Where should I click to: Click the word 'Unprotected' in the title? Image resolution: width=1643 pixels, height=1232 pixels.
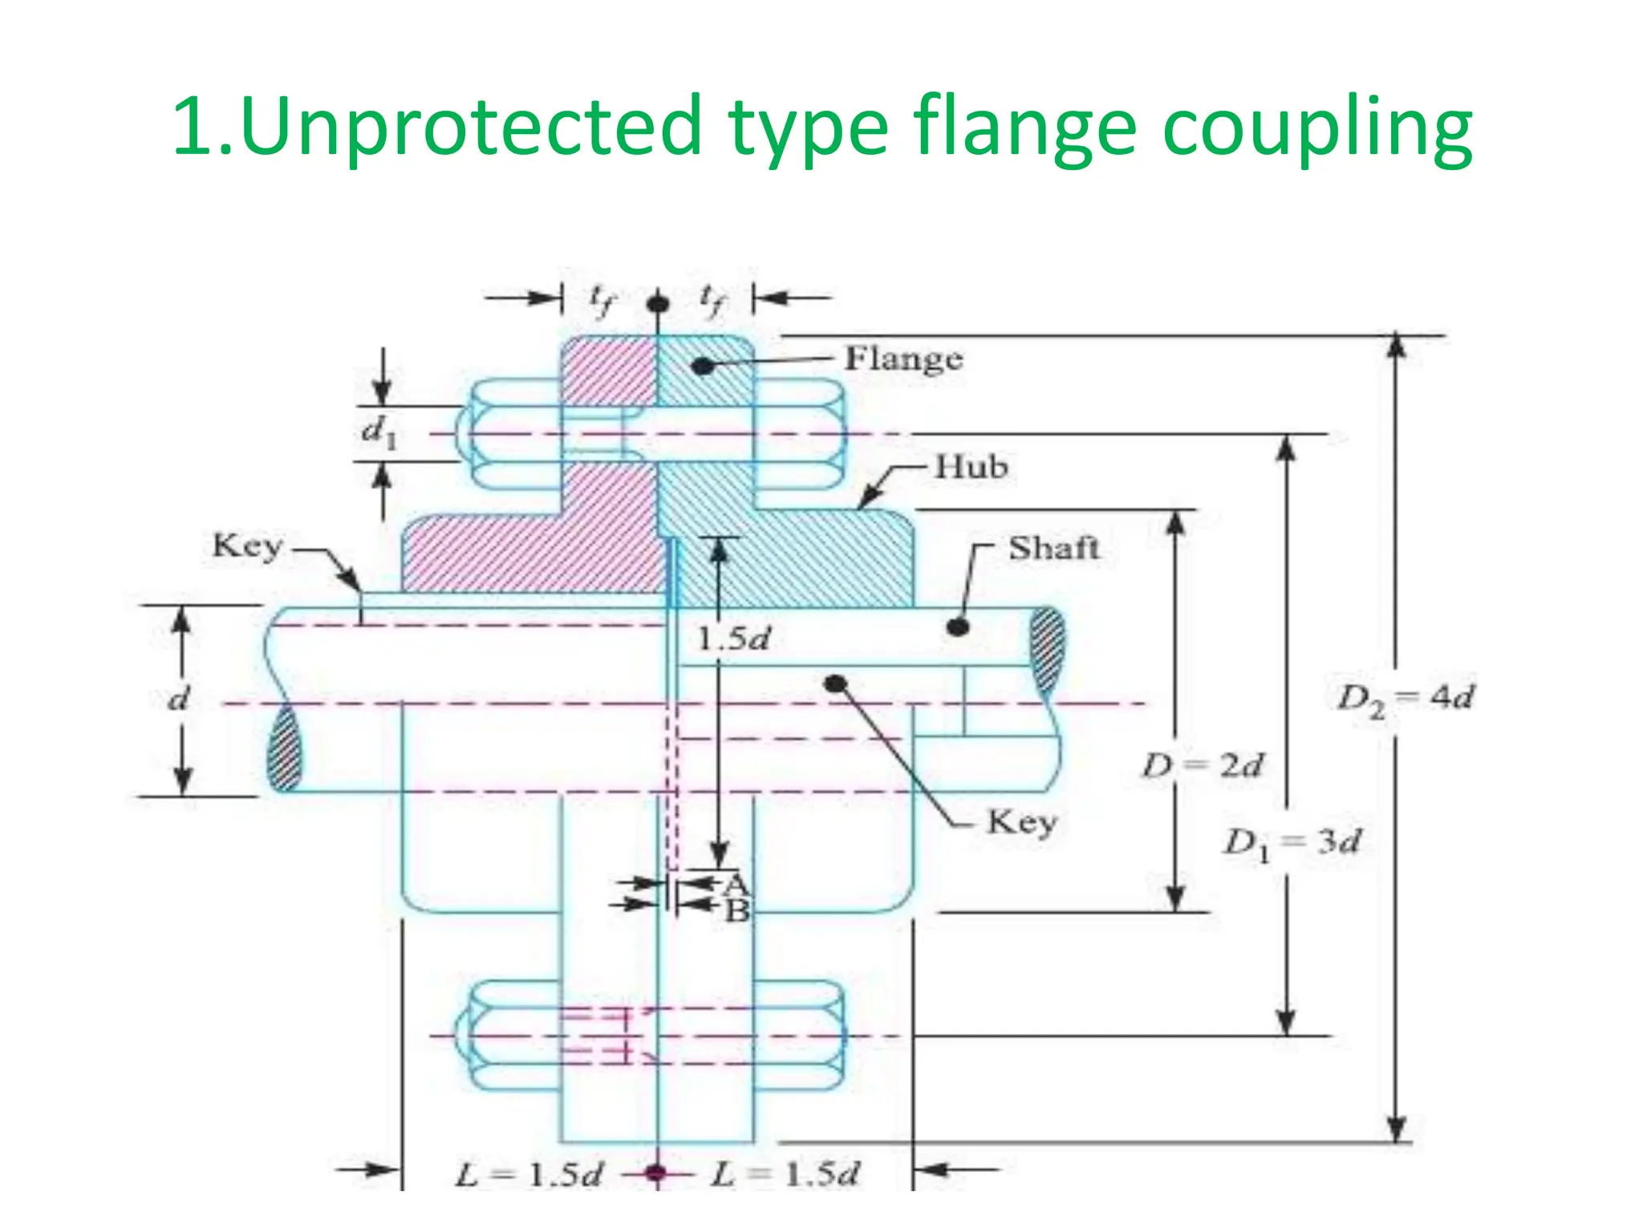click(470, 126)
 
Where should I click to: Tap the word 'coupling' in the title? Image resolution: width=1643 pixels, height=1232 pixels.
click(1316, 128)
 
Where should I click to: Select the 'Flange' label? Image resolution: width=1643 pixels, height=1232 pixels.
click(903, 359)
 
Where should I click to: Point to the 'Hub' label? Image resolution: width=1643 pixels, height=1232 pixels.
click(971, 467)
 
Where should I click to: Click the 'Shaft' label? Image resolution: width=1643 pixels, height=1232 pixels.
click(1053, 549)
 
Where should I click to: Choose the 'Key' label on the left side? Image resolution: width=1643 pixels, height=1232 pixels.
click(247, 546)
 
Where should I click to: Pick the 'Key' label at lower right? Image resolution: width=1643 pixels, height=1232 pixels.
click(1022, 822)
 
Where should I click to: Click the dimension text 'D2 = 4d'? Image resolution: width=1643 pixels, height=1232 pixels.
click(1404, 699)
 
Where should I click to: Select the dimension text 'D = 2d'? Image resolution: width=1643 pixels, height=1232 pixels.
click(1203, 766)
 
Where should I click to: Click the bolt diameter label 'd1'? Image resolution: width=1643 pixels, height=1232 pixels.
click(379, 433)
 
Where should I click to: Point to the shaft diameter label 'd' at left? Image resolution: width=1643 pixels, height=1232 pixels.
click(178, 699)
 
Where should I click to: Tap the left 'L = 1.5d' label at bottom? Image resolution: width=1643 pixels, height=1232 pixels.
click(529, 1175)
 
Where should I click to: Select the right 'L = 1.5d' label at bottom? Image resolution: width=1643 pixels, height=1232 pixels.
click(785, 1174)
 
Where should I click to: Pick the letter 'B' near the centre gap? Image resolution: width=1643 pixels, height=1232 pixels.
click(736, 911)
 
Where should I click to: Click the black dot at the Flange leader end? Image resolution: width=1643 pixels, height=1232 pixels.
click(702, 367)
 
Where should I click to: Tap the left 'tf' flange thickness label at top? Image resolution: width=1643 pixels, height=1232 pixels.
click(601, 300)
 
